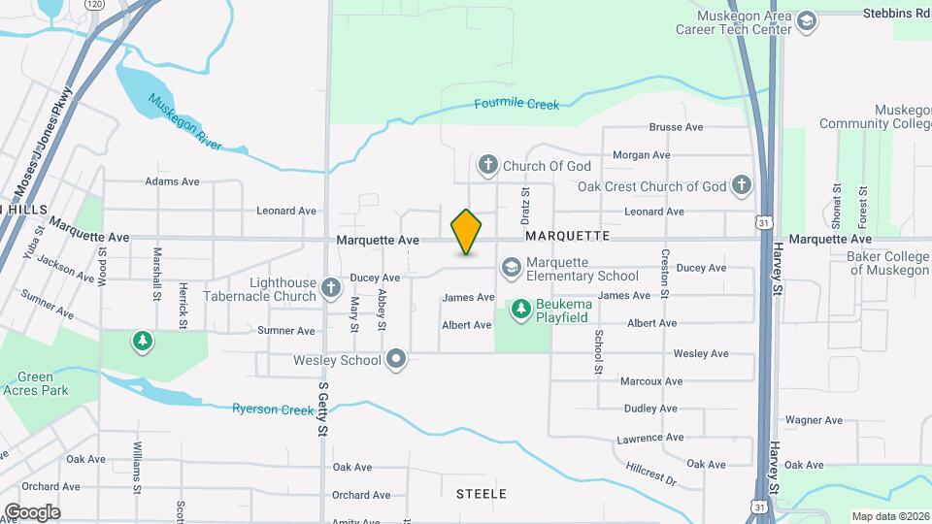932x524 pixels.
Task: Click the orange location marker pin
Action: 466,232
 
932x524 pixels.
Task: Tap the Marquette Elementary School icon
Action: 511,267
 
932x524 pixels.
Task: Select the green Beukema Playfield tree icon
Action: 521,310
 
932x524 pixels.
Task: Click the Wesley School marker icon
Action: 395,360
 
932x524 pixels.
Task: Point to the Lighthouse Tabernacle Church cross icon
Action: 331,287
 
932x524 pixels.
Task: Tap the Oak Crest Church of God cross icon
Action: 741,185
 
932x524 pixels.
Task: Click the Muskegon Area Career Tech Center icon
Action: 806,21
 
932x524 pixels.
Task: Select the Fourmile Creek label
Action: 517,104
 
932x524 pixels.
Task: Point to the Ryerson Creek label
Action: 273,409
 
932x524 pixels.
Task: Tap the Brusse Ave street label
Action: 676,127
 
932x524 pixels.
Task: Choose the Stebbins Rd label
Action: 897,14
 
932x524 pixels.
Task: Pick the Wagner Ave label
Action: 814,420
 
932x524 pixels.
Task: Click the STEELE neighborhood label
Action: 482,494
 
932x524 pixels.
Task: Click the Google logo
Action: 32,511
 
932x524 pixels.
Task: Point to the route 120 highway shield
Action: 94,5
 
